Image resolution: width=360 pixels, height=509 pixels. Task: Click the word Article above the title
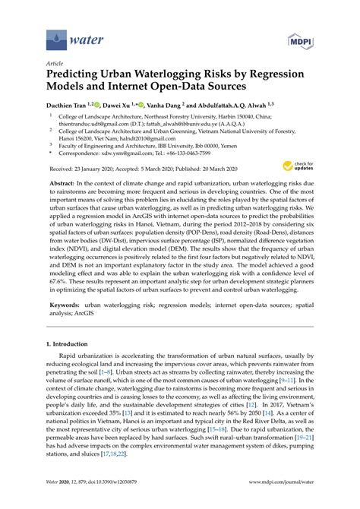tap(55, 65)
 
